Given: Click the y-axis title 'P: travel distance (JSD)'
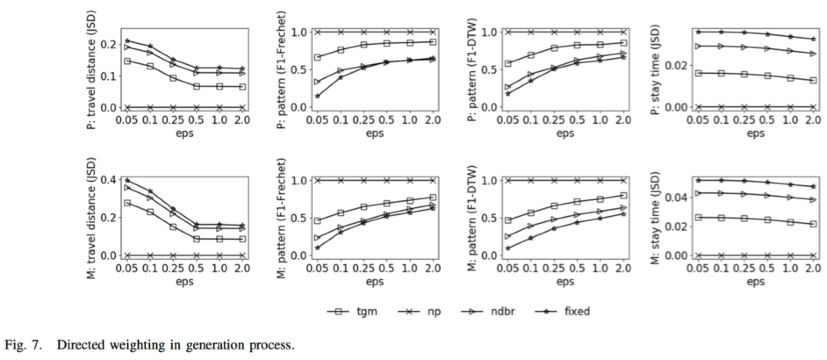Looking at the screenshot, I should [91, 71].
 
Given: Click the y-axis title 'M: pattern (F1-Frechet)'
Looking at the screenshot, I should [282, 218].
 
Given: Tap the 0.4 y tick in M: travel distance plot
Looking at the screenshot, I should [108, 180].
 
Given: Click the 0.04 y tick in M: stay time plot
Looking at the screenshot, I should [675, 198].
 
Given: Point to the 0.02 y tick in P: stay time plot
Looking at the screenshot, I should [675, 66].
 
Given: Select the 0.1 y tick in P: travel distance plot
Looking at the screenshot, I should [108, 76].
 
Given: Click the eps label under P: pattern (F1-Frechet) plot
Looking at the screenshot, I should [374, 133].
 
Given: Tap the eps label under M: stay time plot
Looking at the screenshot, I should [755, 281].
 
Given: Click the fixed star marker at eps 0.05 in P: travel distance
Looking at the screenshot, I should [127, 41].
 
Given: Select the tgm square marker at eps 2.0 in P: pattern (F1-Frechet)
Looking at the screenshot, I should [432, 42].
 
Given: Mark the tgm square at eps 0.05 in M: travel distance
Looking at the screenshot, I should [127, 203].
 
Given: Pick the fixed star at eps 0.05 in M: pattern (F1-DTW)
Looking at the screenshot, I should [508, 248].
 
